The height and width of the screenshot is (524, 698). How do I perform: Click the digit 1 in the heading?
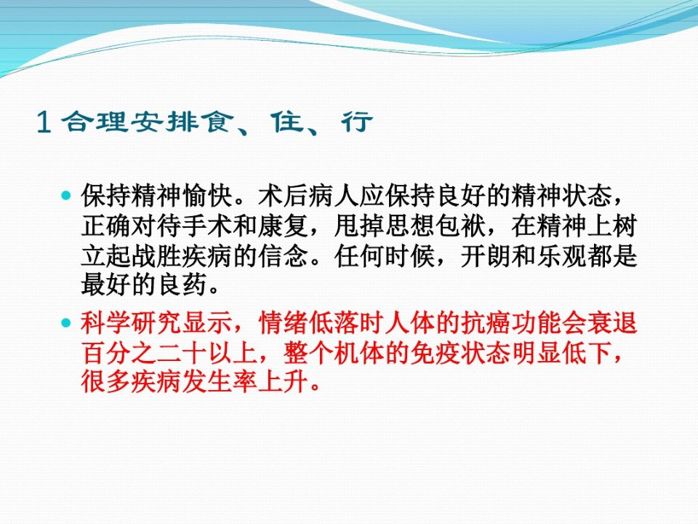coord(44,122)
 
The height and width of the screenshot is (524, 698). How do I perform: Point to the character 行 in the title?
coord(357,122)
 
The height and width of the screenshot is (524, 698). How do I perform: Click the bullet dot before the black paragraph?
coord(66,196)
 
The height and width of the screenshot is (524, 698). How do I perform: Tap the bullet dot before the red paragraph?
coord(66,322)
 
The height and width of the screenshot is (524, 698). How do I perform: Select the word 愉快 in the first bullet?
coord(208,196)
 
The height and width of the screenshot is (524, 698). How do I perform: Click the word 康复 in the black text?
coord(284,226)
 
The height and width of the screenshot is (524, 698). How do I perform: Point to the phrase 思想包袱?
coord(436,226)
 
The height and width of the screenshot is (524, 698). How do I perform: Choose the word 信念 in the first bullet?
coord(284,256)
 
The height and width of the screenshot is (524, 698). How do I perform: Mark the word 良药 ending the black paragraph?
coord(182,285)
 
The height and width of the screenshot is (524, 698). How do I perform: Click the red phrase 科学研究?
coord(132,322)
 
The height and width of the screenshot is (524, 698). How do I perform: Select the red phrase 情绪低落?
coord(310,322)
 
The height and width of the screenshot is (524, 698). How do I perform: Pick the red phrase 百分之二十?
coord(145,353)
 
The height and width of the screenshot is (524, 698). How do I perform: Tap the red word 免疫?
coord(436,353)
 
